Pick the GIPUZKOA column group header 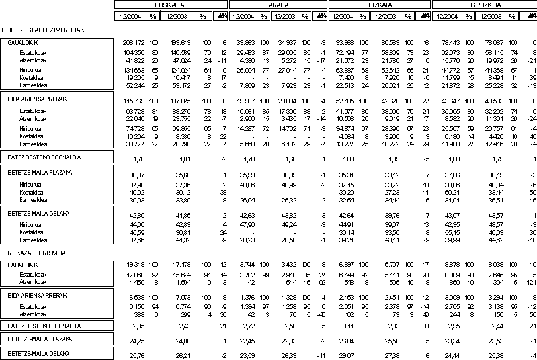[x=485, y=5]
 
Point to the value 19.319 [x=135, y=264]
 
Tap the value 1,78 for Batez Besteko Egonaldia [x=139, y=159]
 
